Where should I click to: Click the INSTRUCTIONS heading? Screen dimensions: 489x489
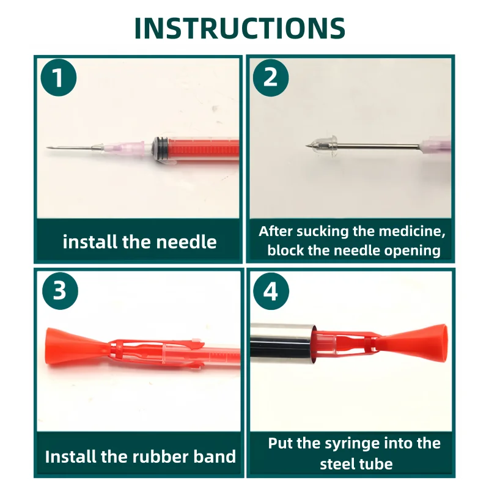[240, 28]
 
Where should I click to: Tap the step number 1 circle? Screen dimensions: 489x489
[59, 78]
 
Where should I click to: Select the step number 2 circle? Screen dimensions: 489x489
[271, 78]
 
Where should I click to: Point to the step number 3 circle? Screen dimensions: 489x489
[60, 291]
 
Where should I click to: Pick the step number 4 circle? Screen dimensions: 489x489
[271, 291]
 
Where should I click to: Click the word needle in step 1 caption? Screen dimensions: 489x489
[186, 242]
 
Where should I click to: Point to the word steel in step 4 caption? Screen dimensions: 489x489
[337, 464]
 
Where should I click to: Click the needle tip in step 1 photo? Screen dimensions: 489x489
[47, 147]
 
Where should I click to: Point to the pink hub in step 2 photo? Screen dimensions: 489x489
[435, 147]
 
